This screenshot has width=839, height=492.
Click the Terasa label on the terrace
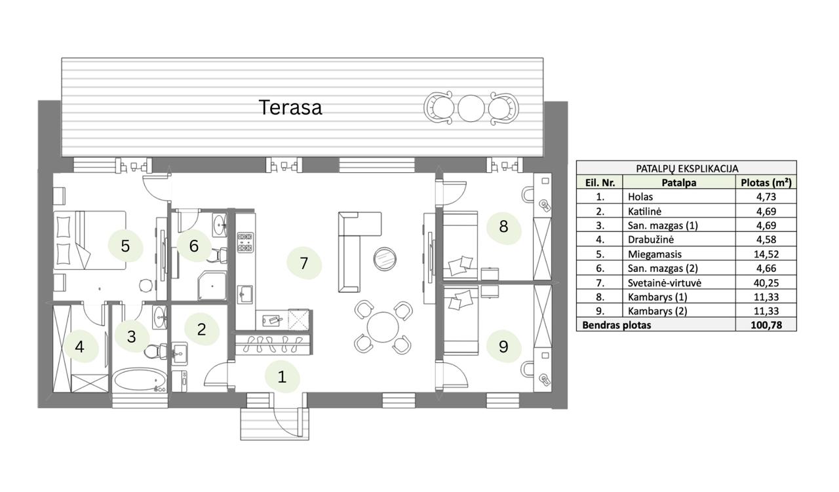290,107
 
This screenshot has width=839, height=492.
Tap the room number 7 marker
303,263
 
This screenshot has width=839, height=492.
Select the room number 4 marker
80,347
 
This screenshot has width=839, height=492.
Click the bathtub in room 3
140,380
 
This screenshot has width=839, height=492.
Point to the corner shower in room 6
212,286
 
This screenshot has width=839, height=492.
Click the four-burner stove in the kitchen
245,242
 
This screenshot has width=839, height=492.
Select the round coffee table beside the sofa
385,258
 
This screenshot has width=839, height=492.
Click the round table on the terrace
471,108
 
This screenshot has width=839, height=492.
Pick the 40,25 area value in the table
766,283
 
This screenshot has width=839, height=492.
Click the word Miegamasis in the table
654,254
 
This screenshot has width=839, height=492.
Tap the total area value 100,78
766,325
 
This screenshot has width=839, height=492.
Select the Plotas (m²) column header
766,182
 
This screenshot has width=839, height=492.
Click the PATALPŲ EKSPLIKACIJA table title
687,168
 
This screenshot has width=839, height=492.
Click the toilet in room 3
156,351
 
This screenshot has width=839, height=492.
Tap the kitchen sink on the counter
245,293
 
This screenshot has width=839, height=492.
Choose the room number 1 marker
282,377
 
